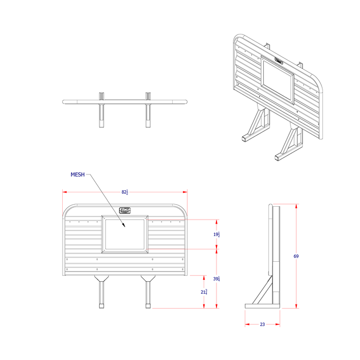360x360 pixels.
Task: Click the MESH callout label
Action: coord(78,175)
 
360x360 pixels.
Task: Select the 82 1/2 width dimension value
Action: coord(124,192)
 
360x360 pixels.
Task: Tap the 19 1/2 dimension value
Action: coord(217,235)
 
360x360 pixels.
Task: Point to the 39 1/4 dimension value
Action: coord(217,279)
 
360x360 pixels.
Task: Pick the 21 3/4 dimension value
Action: coord(205,292)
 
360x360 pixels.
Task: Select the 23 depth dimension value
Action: coord(262,325)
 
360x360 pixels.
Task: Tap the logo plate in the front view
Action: coord(125,210)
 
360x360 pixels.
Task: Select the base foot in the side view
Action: coord(262,306)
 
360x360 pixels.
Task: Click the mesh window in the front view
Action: coord(125,234)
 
